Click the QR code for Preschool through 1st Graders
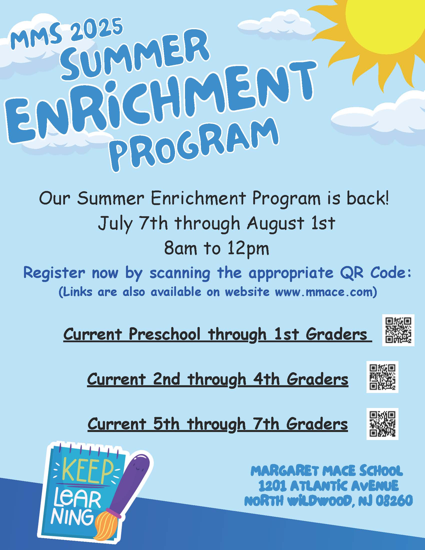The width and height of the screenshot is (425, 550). [x=398, y=330]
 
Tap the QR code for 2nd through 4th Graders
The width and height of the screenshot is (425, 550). [x=382, y=377]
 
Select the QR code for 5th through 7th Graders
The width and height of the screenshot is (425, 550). [x=382, y=424]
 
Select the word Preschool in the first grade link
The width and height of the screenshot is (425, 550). [x=164, y=334]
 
